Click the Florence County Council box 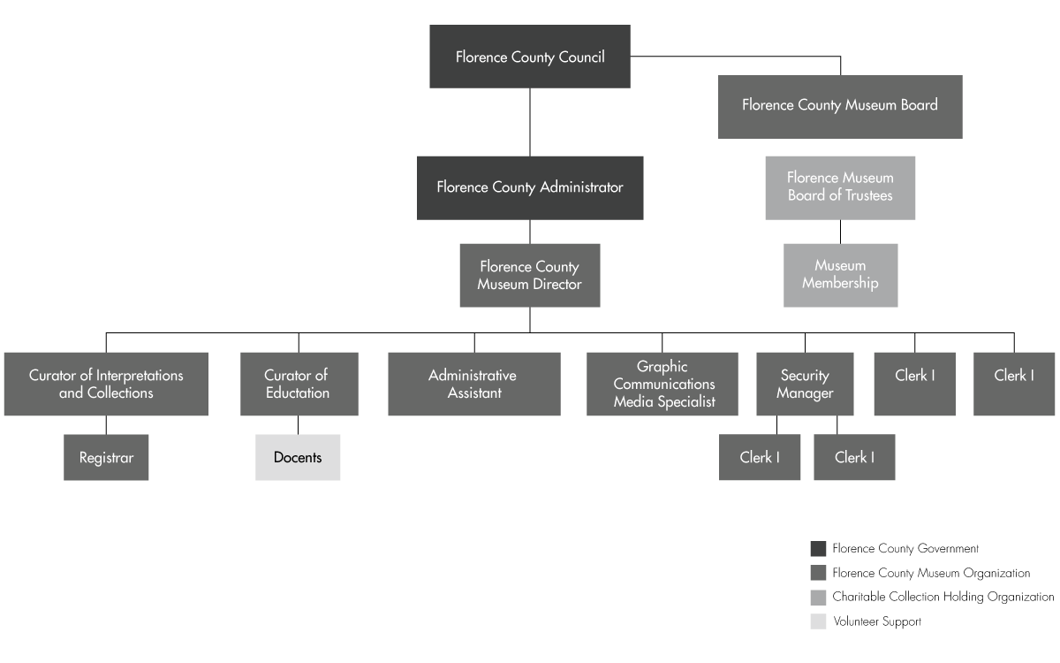(529, 57)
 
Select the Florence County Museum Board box (840, 107)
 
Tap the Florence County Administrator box (530, 188)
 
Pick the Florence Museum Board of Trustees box (840, 188)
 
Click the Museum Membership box (840, 276)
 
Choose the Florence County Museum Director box (530, 276)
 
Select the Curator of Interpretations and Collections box (106, 384)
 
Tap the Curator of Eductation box (299, 384)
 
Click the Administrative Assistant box (474, 384)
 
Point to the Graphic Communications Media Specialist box (662, 384)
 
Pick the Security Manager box (805, 384)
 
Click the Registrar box (106, 458)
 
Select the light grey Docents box (298, 458)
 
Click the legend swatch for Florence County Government (818, 548)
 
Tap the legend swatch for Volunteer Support (818, 621)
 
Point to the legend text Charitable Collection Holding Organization (943, 598)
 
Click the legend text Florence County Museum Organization (931, 573)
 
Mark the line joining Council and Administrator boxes (530, 122)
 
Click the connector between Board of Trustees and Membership (840, 232)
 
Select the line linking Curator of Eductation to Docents (299, 425)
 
